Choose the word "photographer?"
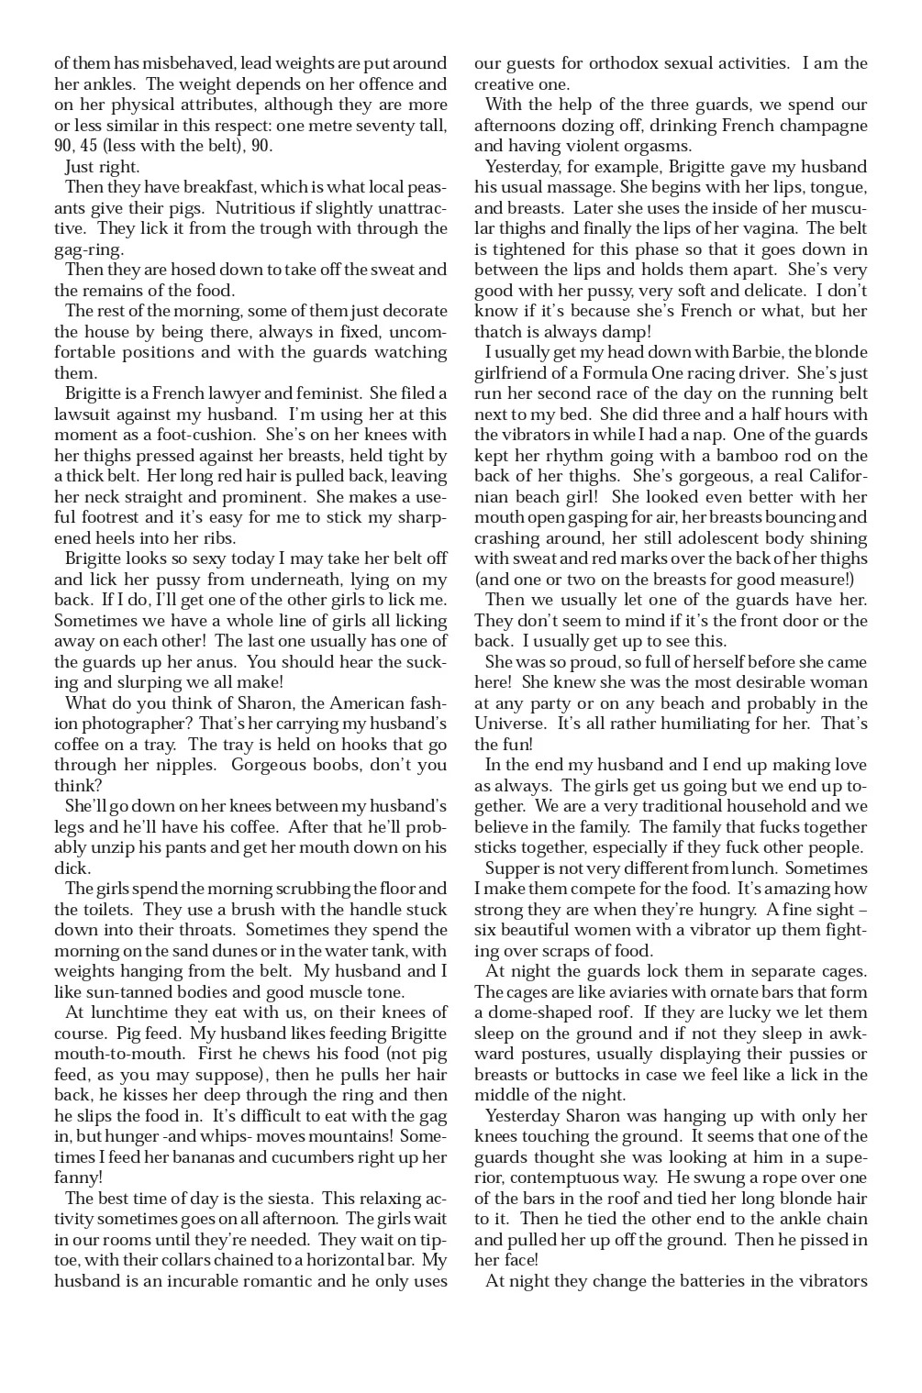click(112, 724)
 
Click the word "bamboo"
click(764, 456)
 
